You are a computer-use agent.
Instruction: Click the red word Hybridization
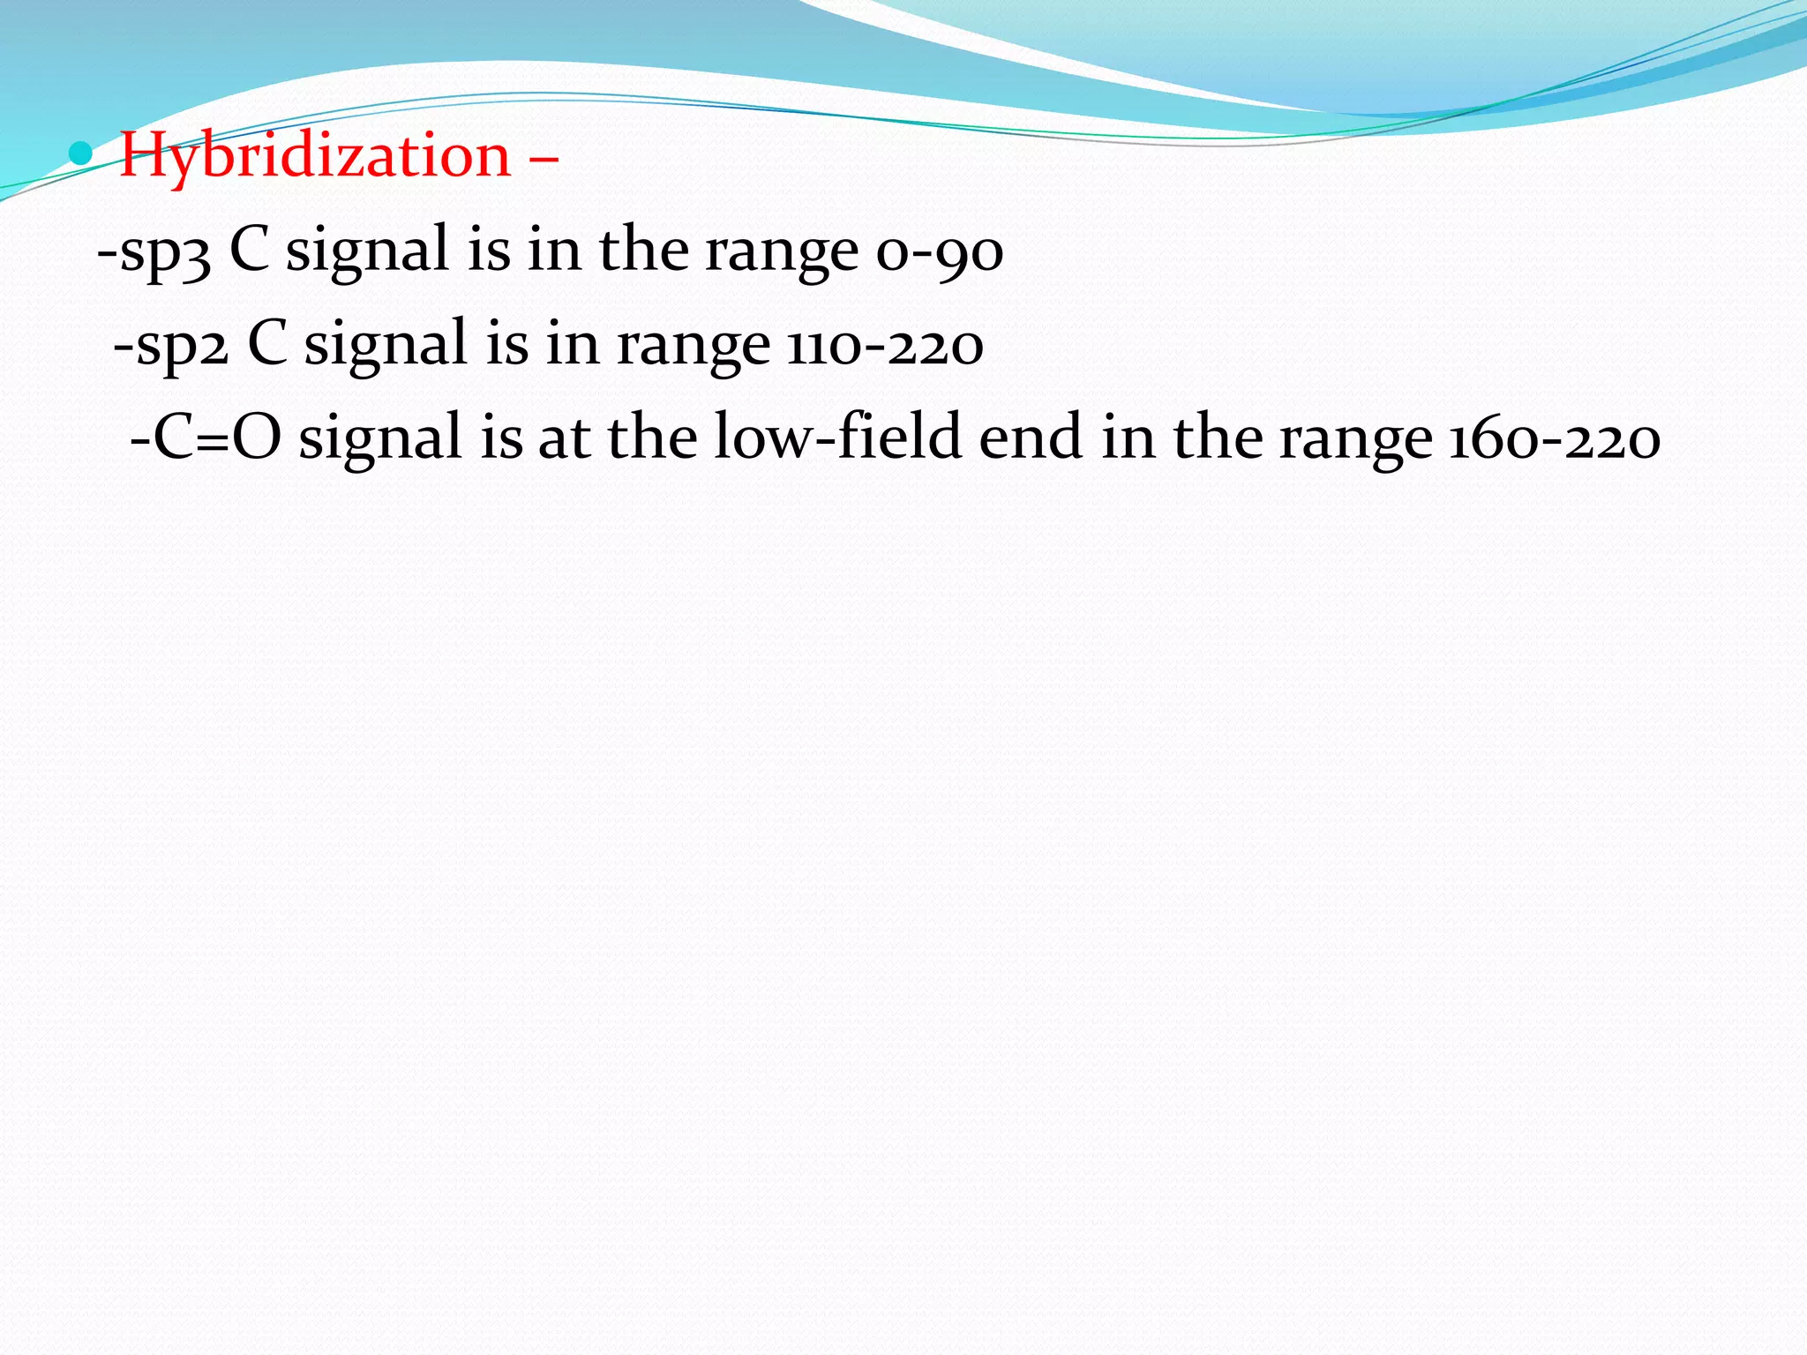click(x=315, y=156)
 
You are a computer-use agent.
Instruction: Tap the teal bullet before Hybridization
click(x=80, y=154)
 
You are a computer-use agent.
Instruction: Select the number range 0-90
click(x=939, y=252)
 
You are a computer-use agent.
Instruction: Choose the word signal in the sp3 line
click(x=367, y=252)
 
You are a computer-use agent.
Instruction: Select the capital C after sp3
click(x=249, y=251)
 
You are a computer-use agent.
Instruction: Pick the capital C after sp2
click(x=267, y=344)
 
